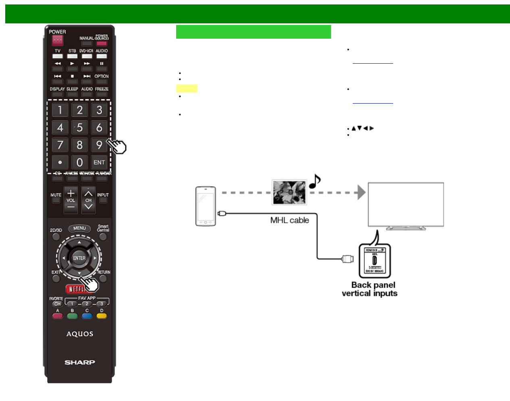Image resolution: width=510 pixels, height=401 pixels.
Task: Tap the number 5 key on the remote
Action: click(79, 128)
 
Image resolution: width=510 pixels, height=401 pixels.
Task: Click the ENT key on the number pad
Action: click(99, 162)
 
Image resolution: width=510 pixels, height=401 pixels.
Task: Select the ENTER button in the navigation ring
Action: click(79, 258)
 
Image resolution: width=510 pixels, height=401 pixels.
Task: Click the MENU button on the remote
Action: click(79, 229)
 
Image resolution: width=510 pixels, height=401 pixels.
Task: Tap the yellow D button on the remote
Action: click(102, 316)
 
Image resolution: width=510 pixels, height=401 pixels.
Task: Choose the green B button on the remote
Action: click(72, 316)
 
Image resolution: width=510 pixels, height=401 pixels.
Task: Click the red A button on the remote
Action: click(58, 316)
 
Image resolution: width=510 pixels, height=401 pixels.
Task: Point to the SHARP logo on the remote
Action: click(80, 362)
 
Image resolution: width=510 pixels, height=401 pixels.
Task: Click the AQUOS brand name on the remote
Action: click(80, 334)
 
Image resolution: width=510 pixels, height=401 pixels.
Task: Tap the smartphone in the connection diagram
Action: click(206, 206)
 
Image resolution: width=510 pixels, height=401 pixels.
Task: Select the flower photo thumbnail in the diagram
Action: click(289, 192)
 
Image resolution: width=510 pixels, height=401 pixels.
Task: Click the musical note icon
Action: click(315, 181)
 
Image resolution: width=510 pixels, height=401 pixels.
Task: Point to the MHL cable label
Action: click(289, 220)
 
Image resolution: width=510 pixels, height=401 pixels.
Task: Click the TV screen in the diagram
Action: click(406, 204)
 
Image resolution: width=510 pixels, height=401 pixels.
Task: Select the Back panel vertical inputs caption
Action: click(370, 289)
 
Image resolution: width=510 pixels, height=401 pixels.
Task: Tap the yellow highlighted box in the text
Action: click(187, 89)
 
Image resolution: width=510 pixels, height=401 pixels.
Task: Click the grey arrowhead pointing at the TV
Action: click(361, 192)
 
